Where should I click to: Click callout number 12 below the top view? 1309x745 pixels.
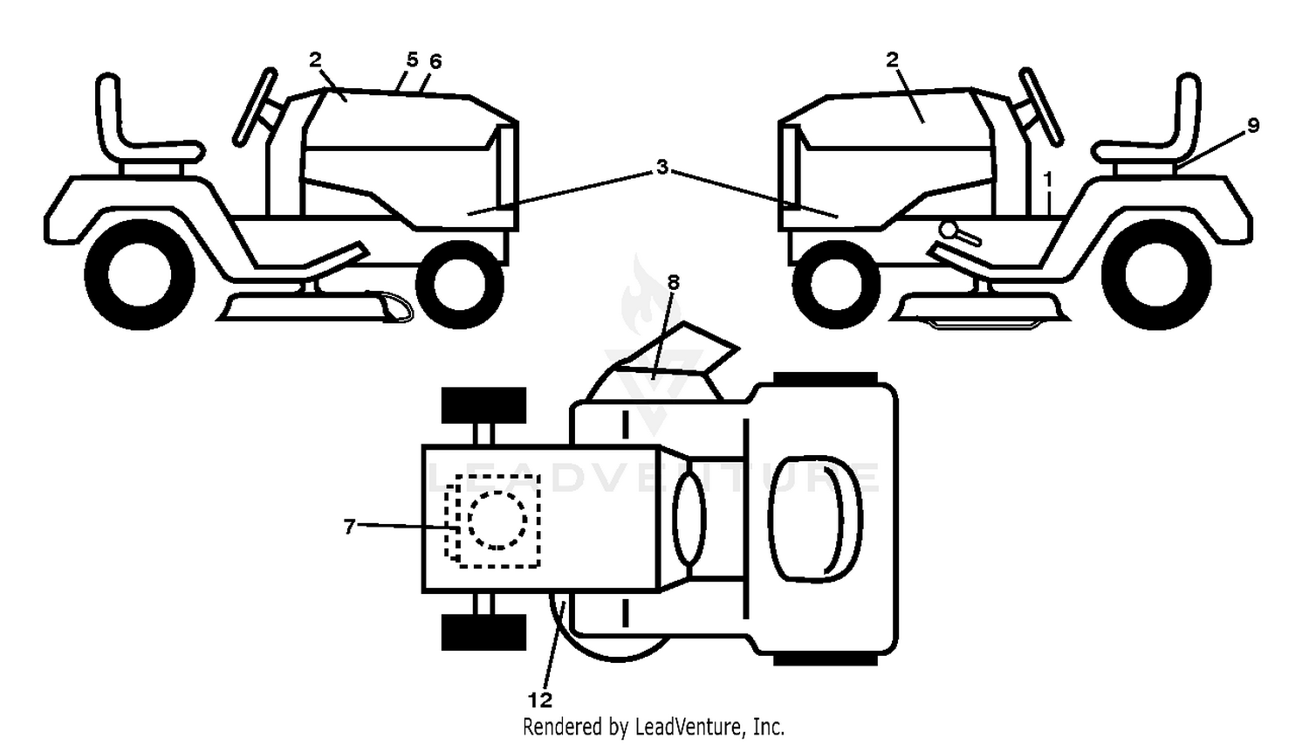point(539,700)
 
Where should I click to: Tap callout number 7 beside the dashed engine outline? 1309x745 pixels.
point(349,527)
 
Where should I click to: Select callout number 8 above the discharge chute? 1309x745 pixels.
point(673,282)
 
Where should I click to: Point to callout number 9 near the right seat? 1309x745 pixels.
point(1253,125)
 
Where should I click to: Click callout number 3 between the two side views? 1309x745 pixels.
point(661,167)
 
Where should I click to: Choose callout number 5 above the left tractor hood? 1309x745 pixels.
point(413,59)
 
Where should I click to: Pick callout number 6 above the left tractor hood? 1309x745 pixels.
point(435,61)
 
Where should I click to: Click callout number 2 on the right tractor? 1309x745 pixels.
point(892,59)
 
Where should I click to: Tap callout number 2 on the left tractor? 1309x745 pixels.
point(315,59)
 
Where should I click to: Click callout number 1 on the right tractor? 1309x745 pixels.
point(1048,178)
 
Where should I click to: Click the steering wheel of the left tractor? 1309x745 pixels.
point(255,107)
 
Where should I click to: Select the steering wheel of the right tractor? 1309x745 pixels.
point(1040,107)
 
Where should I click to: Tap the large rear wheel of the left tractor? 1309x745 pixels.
point(140,274)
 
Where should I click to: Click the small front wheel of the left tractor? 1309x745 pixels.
point(459,284)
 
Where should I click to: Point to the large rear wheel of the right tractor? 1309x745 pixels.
point(1156,274)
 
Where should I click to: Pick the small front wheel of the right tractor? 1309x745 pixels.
point(836,284)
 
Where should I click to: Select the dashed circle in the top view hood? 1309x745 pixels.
point(497,520)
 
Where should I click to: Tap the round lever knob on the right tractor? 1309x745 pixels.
point(949,231)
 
